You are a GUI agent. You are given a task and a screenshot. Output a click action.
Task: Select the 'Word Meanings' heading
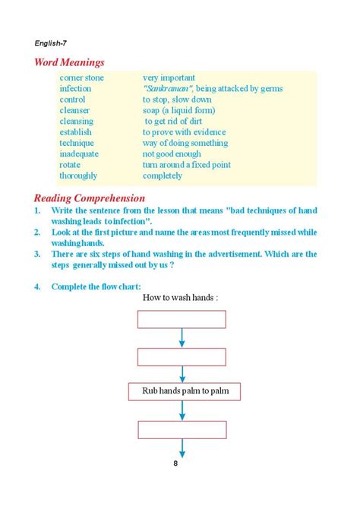point(69,62)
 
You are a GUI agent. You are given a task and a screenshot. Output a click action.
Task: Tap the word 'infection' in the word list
point(75,89)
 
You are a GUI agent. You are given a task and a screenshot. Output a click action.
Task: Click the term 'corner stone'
point(81,77)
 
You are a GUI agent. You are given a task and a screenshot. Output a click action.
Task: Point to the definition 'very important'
point(169,77)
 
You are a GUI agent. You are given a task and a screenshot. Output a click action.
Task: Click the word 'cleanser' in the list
point(75,110)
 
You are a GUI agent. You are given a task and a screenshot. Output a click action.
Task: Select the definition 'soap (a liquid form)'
point(180,110)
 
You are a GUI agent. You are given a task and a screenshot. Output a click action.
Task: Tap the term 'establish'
point(76,132)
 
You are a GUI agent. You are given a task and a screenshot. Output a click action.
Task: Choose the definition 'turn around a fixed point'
point(187,165)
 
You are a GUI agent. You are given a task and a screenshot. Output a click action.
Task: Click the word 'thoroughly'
point(78,175)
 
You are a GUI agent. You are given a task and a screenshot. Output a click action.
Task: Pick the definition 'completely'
point(163,175)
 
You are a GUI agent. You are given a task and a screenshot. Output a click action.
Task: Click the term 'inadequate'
point(80,154)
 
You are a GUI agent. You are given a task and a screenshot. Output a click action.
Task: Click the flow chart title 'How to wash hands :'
point(181,298)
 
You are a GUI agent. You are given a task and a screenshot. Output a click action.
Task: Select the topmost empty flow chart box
point(182,320)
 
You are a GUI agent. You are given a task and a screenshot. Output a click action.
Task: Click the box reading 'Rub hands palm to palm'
point(182,393)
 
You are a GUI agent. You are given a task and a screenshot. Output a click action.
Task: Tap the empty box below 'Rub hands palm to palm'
point(182,430)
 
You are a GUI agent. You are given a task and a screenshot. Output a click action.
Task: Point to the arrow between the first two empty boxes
point(182,338)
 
